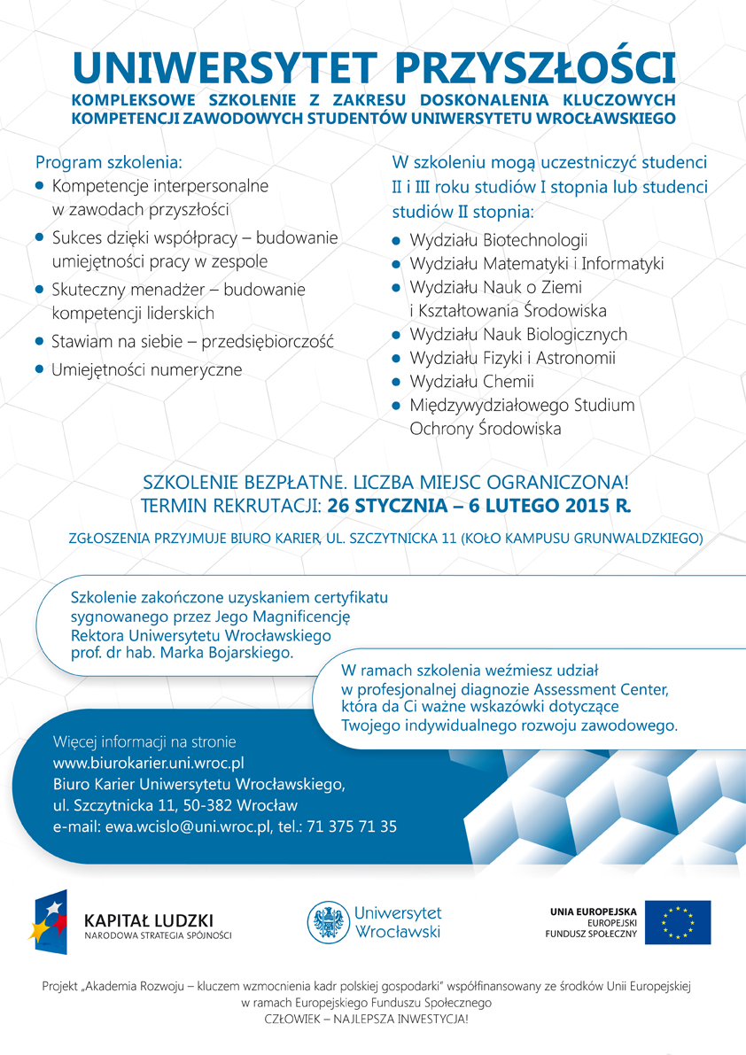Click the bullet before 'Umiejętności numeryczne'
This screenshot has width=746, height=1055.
39,369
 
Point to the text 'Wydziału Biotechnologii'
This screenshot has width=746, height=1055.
499,240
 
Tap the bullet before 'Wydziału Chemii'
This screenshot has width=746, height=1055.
397,382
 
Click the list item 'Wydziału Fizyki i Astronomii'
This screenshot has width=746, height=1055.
512,358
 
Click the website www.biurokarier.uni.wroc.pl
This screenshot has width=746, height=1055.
148,762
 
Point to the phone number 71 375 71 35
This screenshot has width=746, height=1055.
354,826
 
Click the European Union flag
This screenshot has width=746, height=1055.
677,922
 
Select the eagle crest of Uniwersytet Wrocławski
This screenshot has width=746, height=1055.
328,922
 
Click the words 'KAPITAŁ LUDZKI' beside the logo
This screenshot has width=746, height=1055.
148,919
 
